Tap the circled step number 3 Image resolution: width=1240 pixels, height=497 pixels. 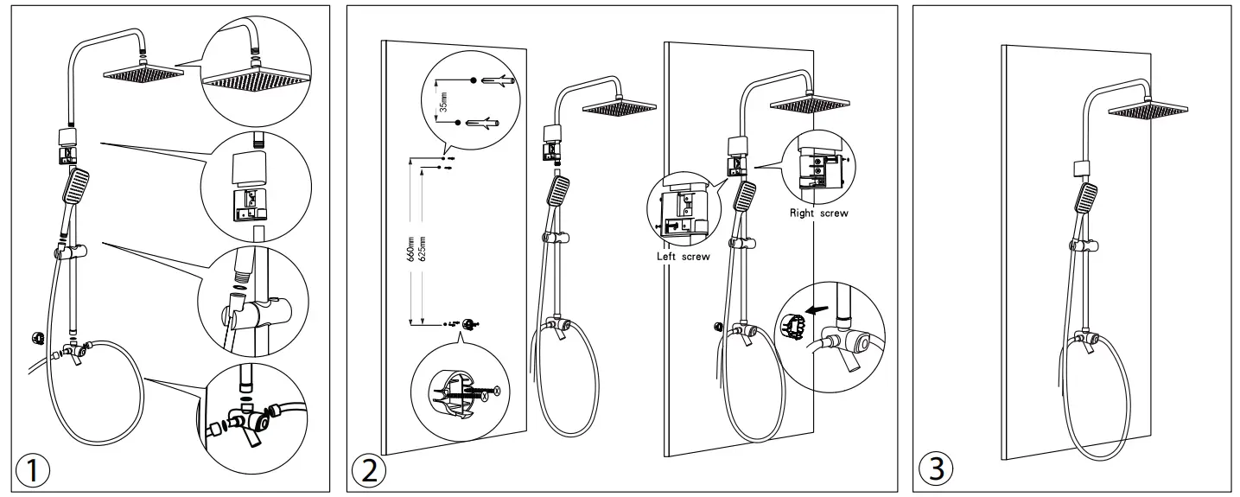(x=937, y=469)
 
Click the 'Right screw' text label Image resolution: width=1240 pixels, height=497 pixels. (x=819, y=213)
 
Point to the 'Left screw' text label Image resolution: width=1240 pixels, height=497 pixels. (x=683, y=257)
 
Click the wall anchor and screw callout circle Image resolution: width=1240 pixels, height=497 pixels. (x=461, y=393)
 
